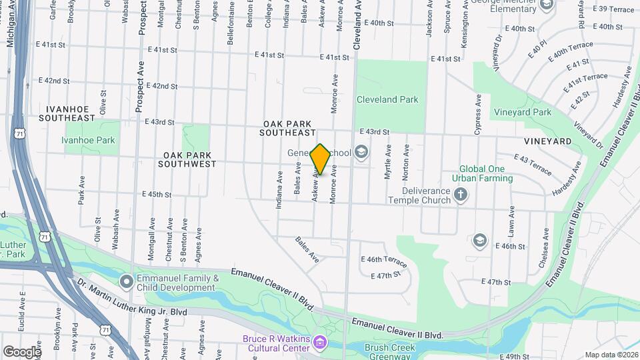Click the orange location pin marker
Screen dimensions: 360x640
[x=320, y=159]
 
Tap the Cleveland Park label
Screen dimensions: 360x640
[x=387, y=99]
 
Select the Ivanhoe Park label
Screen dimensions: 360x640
[x=88, y=140]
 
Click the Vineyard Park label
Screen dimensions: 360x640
[x=522, y=112]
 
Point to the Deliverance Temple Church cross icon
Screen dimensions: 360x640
[x=460, y=195]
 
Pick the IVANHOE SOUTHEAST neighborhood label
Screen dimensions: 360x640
[x=71, y=113]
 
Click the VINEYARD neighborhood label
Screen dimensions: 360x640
[x=548, y=141]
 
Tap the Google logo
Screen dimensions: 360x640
[x=21, y=351]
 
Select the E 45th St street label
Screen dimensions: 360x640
[x=157, y=195]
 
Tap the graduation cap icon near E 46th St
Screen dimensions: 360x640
[x=479, y=240]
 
